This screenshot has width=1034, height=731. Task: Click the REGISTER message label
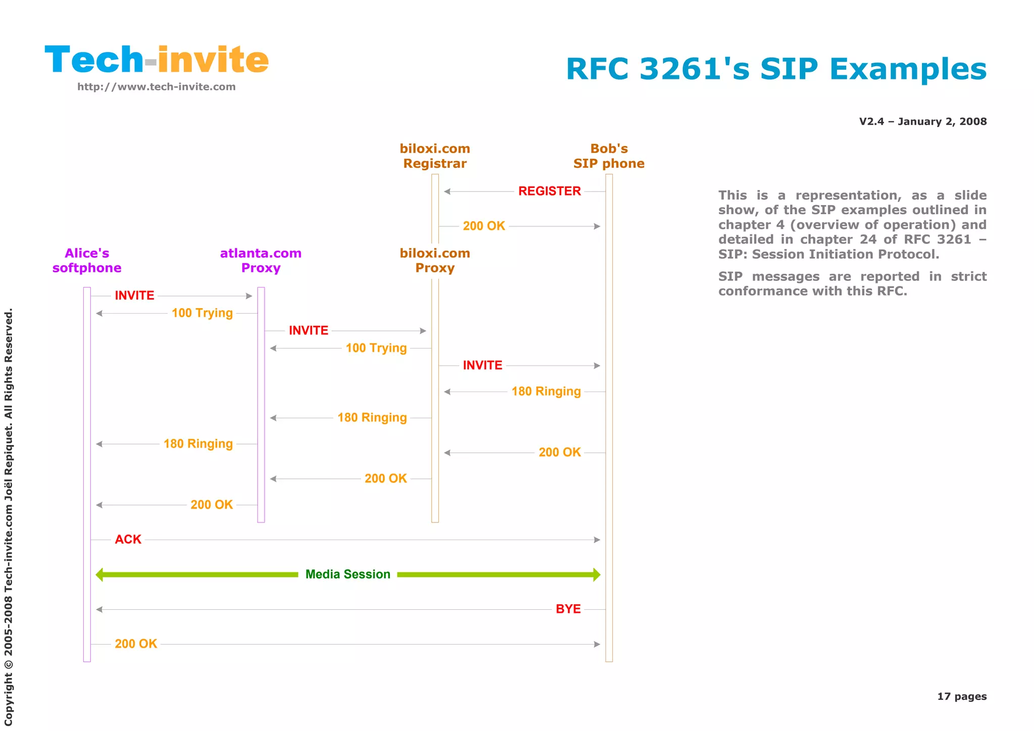(x=549, y=191)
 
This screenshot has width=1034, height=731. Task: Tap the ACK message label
(x=128, y=540)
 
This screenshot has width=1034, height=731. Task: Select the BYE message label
(x=568, y=609)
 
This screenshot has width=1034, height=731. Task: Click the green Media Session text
(x=348, y=574)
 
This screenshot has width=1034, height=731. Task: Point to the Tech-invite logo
(x=157, y=60)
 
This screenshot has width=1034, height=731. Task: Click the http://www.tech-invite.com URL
(x=157, y=87)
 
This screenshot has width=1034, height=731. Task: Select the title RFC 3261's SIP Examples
(x=776, y=69)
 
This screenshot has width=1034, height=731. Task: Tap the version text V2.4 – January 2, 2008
(x=922, y=122)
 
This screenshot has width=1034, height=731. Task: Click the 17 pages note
(x=961, y=697)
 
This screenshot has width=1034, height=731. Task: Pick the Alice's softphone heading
(x=87, y=261)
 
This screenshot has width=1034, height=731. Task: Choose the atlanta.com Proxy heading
(x=261, y=261)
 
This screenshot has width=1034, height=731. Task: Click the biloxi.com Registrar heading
(x=435, y=156)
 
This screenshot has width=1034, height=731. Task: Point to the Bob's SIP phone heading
(x=609, y=156)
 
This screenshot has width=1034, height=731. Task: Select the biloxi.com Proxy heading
(x=435, y=261)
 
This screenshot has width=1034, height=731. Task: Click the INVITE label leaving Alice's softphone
(x=134, y=296)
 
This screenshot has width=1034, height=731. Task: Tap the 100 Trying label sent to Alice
(x=202, y=313)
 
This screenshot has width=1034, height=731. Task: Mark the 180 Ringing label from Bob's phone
(x=546, y=392)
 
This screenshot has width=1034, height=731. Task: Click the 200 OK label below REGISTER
(x=484, y=226)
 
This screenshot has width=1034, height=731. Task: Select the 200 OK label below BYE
(x=136, y=644)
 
